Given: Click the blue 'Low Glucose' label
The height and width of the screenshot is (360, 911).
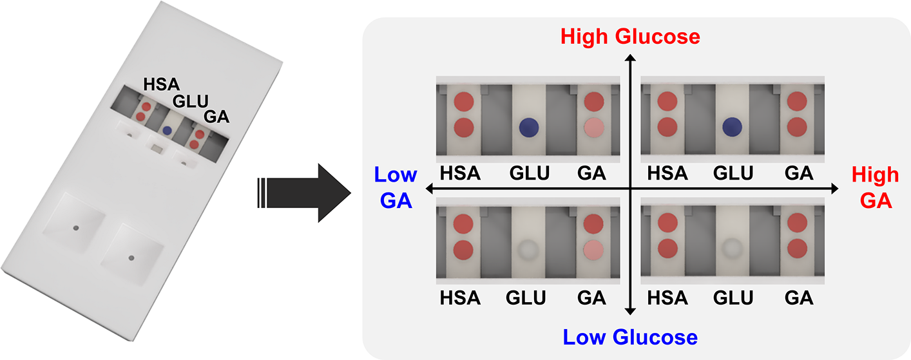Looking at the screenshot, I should [x=629, y=337].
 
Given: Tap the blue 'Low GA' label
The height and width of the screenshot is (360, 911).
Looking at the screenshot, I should [x=395, y=187].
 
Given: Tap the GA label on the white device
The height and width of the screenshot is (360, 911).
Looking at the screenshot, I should [x=216, y=117].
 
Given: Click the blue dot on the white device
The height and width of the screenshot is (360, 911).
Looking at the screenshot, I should [x=167, y=130].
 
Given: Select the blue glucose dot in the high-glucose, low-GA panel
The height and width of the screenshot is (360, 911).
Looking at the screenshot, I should [x=529, y=127].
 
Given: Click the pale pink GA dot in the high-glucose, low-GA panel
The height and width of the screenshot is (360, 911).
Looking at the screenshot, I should [x=593, y=127].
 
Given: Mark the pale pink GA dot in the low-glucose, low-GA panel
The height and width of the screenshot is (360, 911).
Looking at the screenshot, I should [x=593, y=249].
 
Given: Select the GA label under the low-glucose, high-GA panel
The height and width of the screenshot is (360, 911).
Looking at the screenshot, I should [x=798, y=298].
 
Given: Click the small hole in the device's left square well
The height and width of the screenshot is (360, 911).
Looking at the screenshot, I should [x=76, y=228].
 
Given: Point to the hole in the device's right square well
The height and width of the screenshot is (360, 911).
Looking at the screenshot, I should [x=131, y=258].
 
